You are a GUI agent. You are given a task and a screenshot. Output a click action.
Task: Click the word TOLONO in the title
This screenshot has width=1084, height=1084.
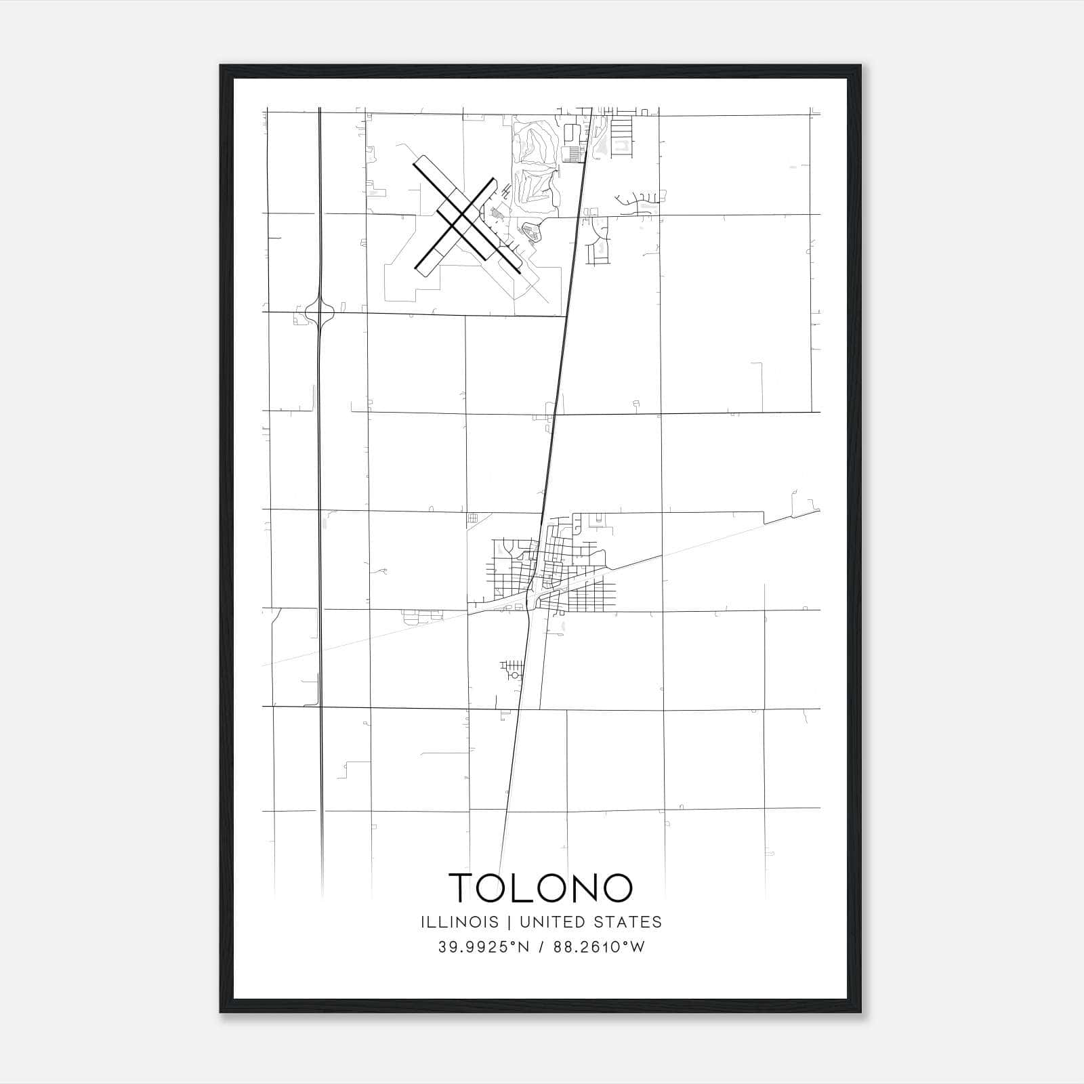pyautogui.click(x=541, y=888)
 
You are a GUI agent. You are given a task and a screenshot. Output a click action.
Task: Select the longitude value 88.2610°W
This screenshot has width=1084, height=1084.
pyautogui.click(x=599, y=947)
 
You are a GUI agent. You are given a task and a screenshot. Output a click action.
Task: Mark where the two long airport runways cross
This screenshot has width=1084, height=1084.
pyautogui.click(x=461, y=217)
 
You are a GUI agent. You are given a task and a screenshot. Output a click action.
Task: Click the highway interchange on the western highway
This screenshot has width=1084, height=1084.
pyautogui.click(x=319, y=312)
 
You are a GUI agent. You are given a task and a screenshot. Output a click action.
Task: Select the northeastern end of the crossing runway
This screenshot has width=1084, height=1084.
pyautogui.click(x=493, y=180)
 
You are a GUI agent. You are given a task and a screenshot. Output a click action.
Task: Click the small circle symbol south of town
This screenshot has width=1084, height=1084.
pyautogui.click(x=515, y=675)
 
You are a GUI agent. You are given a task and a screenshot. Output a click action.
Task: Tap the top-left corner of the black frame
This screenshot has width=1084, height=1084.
pyautogui.click(x=221, y=66)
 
